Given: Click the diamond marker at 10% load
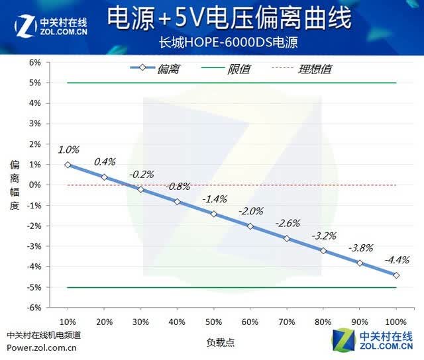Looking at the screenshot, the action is point(68,165).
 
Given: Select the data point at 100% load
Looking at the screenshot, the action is point(396,275).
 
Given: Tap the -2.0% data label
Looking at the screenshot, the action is point(251,211).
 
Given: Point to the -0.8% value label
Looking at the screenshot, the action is point(178,187).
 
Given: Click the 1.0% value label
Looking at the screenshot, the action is point(69,150).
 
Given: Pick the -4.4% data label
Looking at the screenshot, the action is point(397,260).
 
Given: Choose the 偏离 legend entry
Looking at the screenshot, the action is point(154,69).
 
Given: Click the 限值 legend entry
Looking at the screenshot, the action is point(226,69).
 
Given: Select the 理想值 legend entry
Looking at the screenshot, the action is point(302,69).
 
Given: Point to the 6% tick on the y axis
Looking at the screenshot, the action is point(35,62).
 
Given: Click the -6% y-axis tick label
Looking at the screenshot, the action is point(34,308).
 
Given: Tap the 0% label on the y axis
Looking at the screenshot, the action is point(35,185).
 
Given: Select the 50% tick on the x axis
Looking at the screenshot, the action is point(213,322).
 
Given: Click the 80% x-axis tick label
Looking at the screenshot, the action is point(323,322).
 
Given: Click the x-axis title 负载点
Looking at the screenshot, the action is point(221,342).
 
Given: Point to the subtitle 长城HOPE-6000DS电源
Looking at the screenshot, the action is point(229,42).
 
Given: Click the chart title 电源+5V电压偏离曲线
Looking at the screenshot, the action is point(229,18).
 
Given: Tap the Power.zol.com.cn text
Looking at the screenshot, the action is point(42,348).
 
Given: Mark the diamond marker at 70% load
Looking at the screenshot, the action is point(287,238).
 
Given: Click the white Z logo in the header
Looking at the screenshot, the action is point(26,26).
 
